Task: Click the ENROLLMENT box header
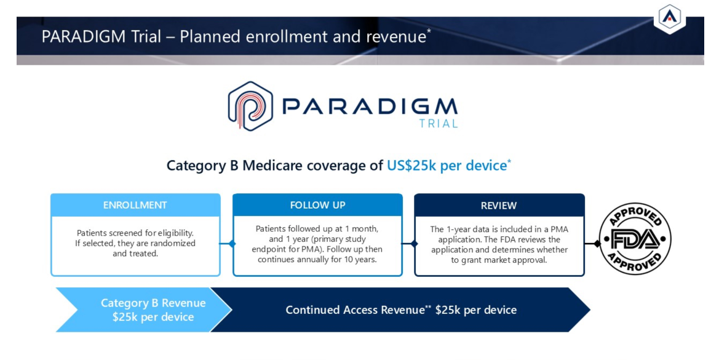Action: [x=135, y=205]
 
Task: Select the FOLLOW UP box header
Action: [x=317, y=205]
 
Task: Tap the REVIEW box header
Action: [x=499, y=205]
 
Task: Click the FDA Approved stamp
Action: [x=635, y=239]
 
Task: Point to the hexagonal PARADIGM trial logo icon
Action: [x=250, y=106]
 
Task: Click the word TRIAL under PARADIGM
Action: [x=439, y=124]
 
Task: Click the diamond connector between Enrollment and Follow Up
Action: [x=232, y=244]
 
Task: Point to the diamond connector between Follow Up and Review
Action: [x=414, y=244]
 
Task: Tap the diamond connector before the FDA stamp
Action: [x=597, y=244]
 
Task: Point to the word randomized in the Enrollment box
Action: [x=173, y=243]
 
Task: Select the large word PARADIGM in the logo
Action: [x=370, y=106]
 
